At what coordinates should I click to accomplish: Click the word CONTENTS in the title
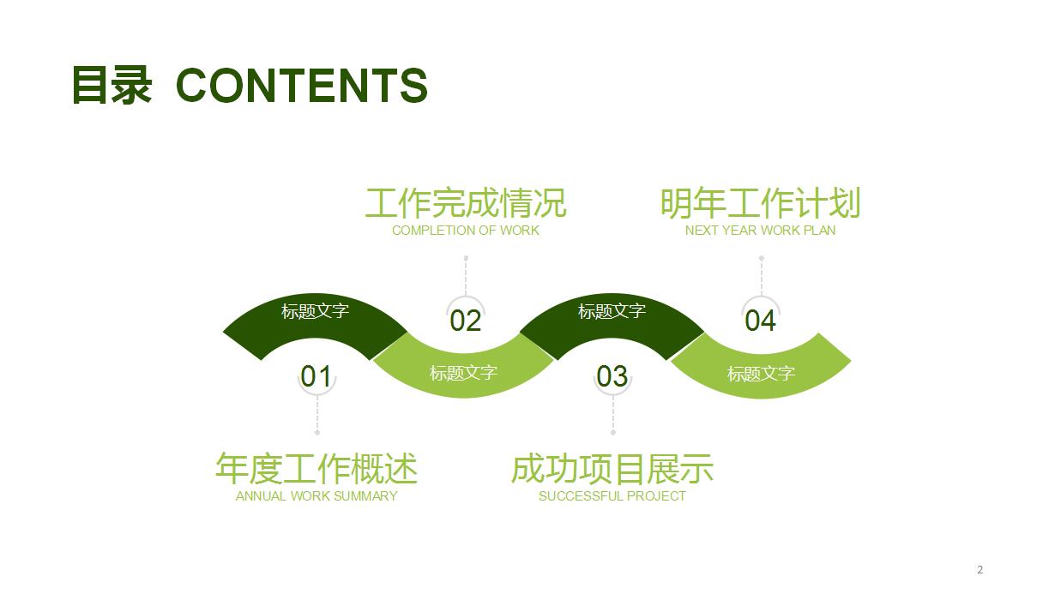click(x=301, y=86)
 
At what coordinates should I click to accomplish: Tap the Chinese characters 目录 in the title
click(x=112, y=86)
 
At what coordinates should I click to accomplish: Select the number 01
click(x=316, y=375)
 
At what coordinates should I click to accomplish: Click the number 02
click(x=466, y=321)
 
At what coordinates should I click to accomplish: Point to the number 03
click(x=612, y=375)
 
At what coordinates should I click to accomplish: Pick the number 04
click(x=760, y=321)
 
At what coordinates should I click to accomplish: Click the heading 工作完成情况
click(x=466, y=203)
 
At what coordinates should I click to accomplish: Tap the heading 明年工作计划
click(x=760, y=203)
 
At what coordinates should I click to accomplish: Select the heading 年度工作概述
click(x=316, y=469)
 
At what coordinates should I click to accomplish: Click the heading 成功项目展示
click(x=612, y=469)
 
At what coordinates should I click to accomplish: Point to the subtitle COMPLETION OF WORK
click(x=466, y=230)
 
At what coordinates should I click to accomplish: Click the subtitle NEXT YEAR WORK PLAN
click(x=760, y=230)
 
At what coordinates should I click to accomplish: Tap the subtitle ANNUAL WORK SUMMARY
click(x=316, y=495)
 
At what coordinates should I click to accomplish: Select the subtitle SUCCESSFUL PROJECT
click(x=612, y=495)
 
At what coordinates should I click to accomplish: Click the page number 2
click(x=980, y=569)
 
